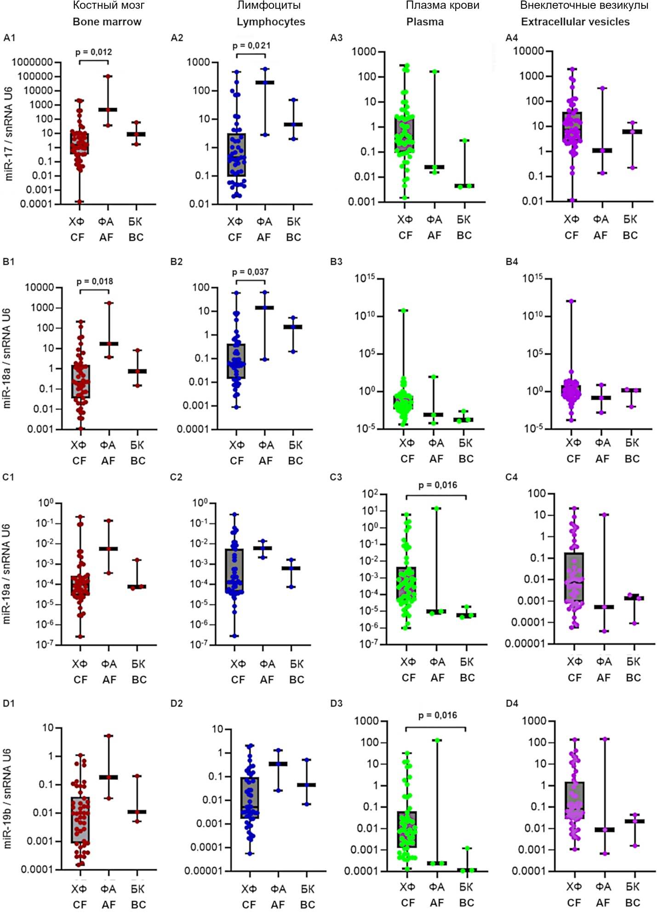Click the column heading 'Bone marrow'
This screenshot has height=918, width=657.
pos(107,22)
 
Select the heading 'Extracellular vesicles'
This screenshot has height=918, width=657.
pos(575,22)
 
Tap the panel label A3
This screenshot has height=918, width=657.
pos(337,38)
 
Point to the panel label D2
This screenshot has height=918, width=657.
pos(177,704)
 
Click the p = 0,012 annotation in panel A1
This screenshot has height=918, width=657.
pos(94,52)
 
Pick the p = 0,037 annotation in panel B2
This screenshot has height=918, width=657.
pos(250,272)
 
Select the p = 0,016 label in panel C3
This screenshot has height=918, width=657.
pos(438,485)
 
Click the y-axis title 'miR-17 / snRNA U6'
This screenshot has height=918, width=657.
pos(8,133)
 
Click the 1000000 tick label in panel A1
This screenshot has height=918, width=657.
pos(32,62)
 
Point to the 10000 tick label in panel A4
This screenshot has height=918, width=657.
pos(529,51)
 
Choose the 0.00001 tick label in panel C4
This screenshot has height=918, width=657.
pos(525,644)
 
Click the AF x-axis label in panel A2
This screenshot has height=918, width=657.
pos(263,237)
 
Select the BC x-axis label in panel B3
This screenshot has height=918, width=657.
pos(466,459)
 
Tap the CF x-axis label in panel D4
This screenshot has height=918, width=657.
pos(574,903)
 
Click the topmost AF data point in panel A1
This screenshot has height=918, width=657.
pos(108,76)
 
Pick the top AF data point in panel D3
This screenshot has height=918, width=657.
pos(436,740)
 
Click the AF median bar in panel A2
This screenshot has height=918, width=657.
pos(265,83)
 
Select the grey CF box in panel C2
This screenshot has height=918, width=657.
pos(234,570)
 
